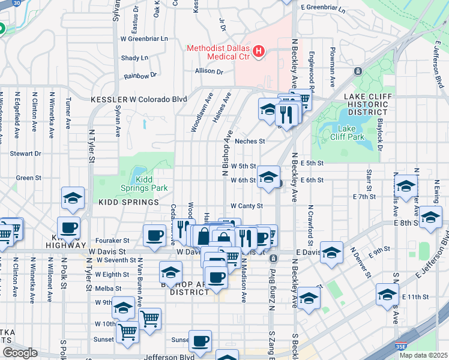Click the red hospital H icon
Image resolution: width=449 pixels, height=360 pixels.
259,52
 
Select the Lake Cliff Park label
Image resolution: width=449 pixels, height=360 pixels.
351,133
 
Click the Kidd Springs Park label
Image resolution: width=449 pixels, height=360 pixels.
151,184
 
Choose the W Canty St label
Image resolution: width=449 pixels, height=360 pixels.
247,206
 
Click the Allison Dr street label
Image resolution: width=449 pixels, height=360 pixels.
209,71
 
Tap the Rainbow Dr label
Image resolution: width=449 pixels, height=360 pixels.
140,76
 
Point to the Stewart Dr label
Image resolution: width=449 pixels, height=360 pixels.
25,154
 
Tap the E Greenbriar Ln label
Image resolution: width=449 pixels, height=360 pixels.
324,7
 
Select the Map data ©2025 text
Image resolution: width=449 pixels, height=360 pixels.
423,355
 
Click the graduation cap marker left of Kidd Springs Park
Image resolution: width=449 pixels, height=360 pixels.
71,199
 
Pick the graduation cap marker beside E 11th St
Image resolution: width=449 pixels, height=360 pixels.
387,295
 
